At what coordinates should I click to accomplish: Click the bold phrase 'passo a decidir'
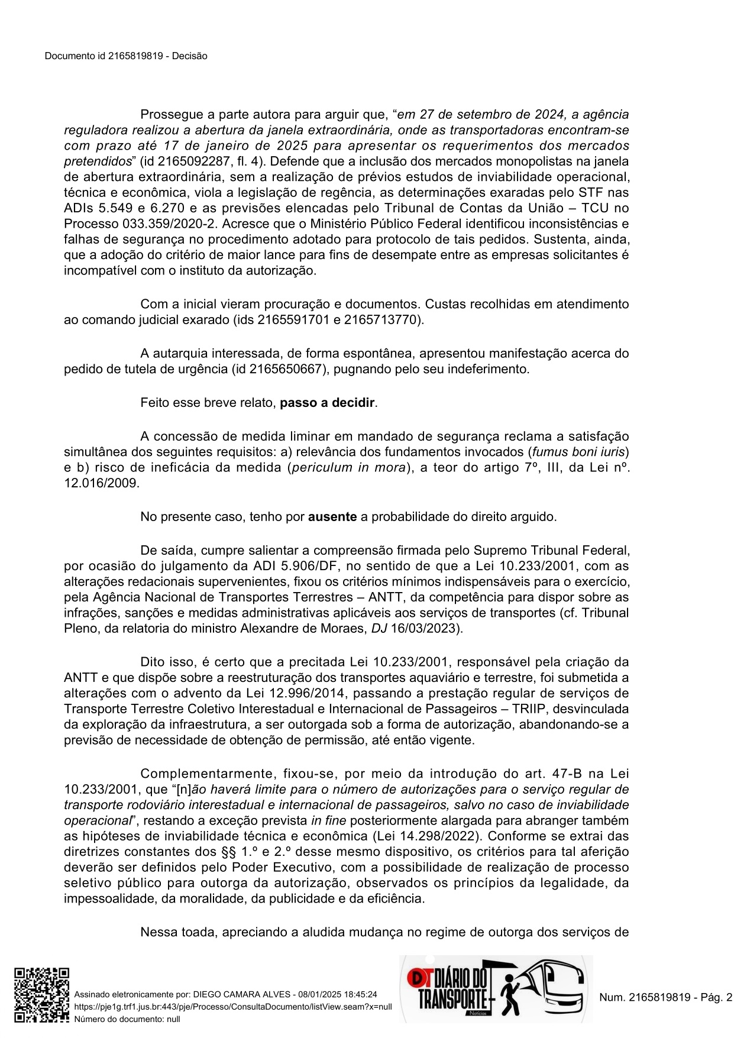click(x=327, y=403)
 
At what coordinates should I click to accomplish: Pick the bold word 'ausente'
click(x=332, y=516)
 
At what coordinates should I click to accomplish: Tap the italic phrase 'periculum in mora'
click(x=350, y=467)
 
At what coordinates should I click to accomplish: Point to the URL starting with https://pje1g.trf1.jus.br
click(x=232, y=1007)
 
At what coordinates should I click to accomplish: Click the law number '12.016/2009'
click(x=102, y=483)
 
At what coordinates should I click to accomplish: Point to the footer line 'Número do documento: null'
click(x=127, y=1019)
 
